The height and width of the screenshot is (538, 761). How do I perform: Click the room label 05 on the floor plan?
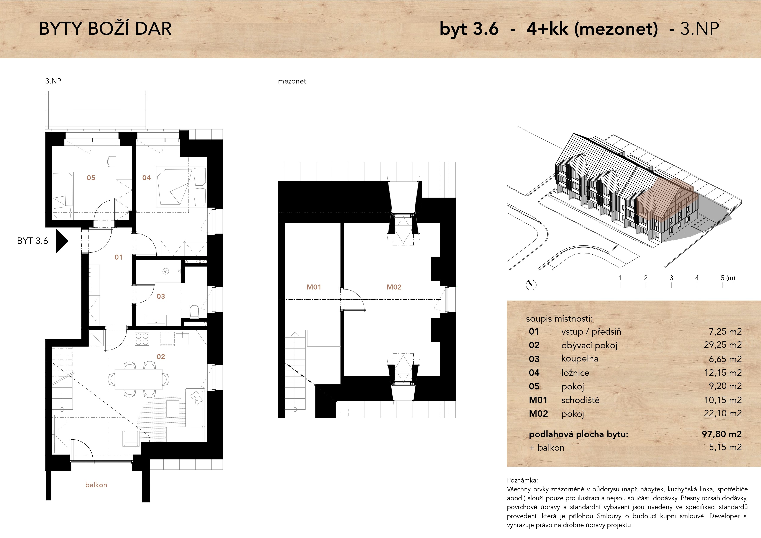(91, 178)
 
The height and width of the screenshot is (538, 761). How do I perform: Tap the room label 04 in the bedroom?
(146, 178)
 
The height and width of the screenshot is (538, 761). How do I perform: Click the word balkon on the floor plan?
(96, 485)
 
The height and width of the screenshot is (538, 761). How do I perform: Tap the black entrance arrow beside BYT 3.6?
(61, 241)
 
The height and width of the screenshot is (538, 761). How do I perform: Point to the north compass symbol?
(531, 285)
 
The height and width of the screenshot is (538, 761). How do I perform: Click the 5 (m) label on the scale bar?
(728, 278)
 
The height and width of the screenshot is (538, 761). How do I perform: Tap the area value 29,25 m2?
(723, 345)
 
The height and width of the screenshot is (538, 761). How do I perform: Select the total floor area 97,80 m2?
(722, 434)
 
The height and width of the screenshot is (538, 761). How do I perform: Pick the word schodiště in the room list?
(580, 400)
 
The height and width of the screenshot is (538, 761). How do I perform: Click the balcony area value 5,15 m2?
(725, 447)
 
